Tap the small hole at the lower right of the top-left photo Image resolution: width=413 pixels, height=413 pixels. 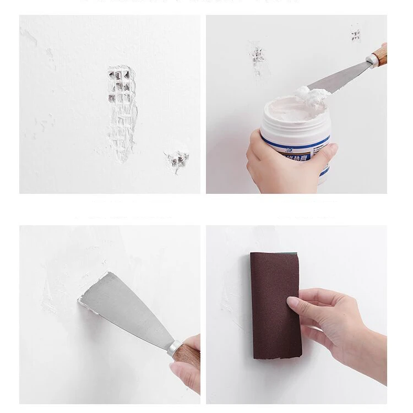coord(177,161)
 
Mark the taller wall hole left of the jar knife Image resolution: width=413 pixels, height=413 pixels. coord(257,59)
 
